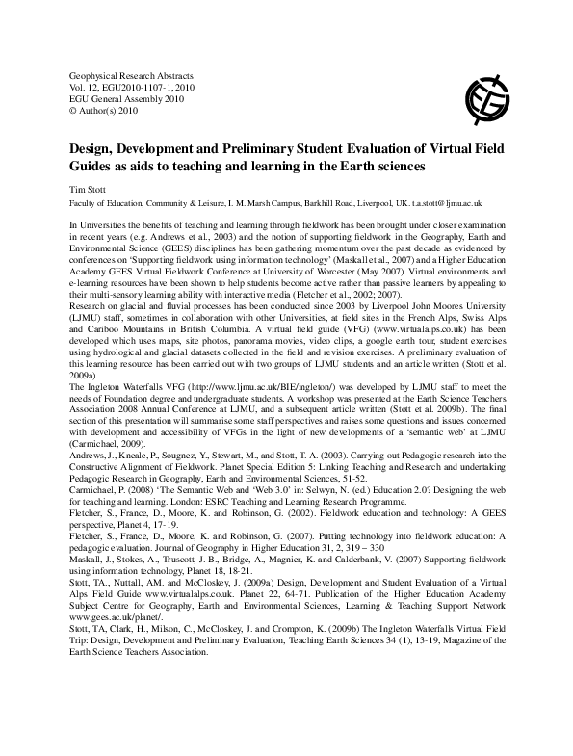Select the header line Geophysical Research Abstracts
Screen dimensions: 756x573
(x=133, y=75)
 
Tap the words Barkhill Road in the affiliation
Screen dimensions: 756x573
(x=310, y=204)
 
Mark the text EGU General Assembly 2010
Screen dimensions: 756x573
(x=126, y=98)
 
